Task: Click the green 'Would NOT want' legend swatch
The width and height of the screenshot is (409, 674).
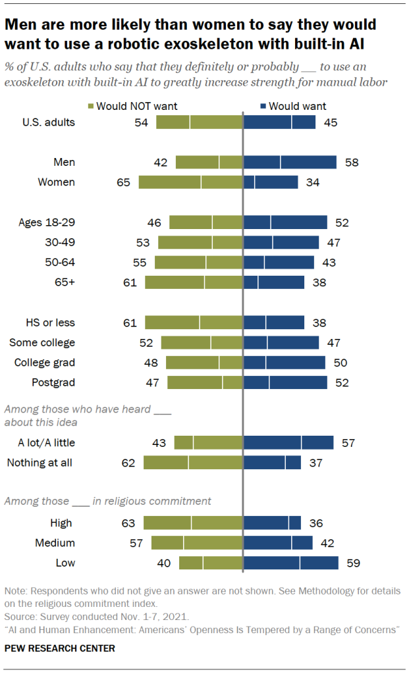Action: pyautogui.click(x=91, y=106)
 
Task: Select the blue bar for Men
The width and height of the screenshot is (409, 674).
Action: pyautogui.click(x=290, y=163)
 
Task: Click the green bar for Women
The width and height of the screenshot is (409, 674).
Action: pyautogui.click(x=190, y=182)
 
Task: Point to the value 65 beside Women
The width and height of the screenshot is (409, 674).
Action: pyautogui.click(x=123, y=182)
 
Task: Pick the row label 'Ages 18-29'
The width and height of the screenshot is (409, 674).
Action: pyautogui.click(x=47, y=222)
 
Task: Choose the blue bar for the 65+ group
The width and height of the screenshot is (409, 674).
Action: pyautogui.click(x=274, y=282)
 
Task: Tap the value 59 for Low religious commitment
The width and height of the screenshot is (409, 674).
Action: pyautogui.click(x=353, y=563)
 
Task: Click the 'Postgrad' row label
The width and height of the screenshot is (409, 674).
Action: pyautogui.click(x=53, y=382)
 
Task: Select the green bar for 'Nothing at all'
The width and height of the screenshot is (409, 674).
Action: pyautogui.click(x=193, y=463)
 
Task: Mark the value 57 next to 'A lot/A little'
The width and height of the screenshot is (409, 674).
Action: pyautogui.click(x=348, y=443)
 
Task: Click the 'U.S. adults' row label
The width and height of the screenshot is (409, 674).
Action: pyautogui.click(x=48, y=122)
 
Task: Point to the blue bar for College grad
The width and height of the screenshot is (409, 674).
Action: pyautogui.click(x=285, y=363)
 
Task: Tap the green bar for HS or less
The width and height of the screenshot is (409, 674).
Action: pyautogui.click(x=194, y=323)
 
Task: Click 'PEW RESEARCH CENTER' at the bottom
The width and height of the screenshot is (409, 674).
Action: pyautogui.click(x=60, y=648)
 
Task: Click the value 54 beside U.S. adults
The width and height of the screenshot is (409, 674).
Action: pyautogui.click(x=141, y=122)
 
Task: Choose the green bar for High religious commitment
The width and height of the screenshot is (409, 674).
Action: pyautogui.click(x=193, y=523)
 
